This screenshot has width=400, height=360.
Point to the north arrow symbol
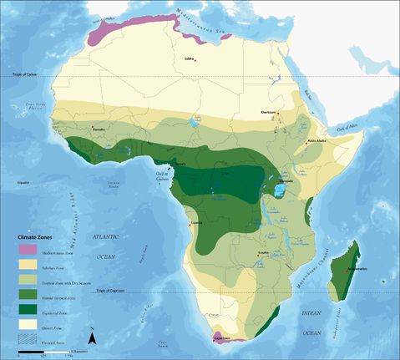[93, 338]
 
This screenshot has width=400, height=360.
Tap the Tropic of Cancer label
[27, 76]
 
